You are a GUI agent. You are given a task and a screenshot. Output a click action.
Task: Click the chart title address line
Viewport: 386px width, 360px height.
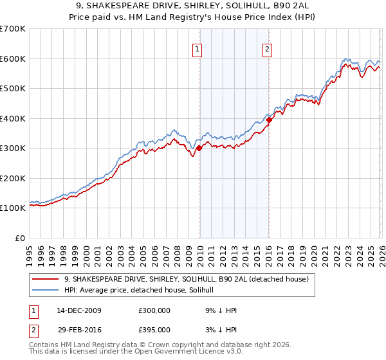coord(193,6)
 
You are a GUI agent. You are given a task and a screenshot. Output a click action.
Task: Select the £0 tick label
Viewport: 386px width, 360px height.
coord(20,238)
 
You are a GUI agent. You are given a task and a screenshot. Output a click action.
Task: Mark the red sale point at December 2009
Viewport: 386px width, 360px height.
coord(199,148)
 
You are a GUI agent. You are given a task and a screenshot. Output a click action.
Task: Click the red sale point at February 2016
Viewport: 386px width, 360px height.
coord(269,120)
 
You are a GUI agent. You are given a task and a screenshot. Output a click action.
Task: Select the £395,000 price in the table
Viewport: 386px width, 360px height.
coord(154,330)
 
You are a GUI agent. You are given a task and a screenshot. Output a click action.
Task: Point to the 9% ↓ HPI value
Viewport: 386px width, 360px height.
coord(221,310)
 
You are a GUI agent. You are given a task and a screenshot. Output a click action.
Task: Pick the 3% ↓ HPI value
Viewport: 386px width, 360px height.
coord(221,330)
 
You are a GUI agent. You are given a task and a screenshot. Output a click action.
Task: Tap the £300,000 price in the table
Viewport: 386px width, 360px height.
coord(154,310)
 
